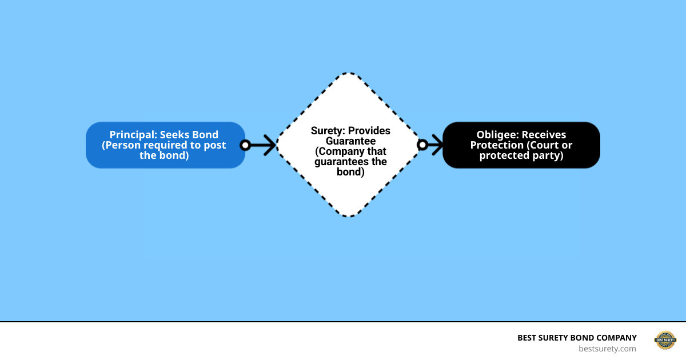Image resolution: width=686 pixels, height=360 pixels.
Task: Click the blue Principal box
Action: click(x=165, y=145)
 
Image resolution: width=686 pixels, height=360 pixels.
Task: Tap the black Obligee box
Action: click(x=521, y=145)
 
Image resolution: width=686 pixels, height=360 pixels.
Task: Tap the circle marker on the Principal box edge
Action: click(x=245, y=145)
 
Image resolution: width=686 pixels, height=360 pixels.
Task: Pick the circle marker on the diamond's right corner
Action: click(x=422, y=145)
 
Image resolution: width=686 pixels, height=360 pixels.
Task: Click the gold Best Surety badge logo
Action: click(x=665, y=341)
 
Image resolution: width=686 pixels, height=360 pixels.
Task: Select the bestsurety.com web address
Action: click(x=607, y=349)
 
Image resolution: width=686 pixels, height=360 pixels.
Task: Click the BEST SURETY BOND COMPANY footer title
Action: click(x=577, y=338)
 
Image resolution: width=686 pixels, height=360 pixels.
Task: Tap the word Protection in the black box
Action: click(x=497, y=145)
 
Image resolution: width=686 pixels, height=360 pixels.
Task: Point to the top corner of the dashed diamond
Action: click(x=349, y=74)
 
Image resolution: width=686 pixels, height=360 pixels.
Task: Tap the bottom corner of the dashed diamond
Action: click(x=349, y=216)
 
